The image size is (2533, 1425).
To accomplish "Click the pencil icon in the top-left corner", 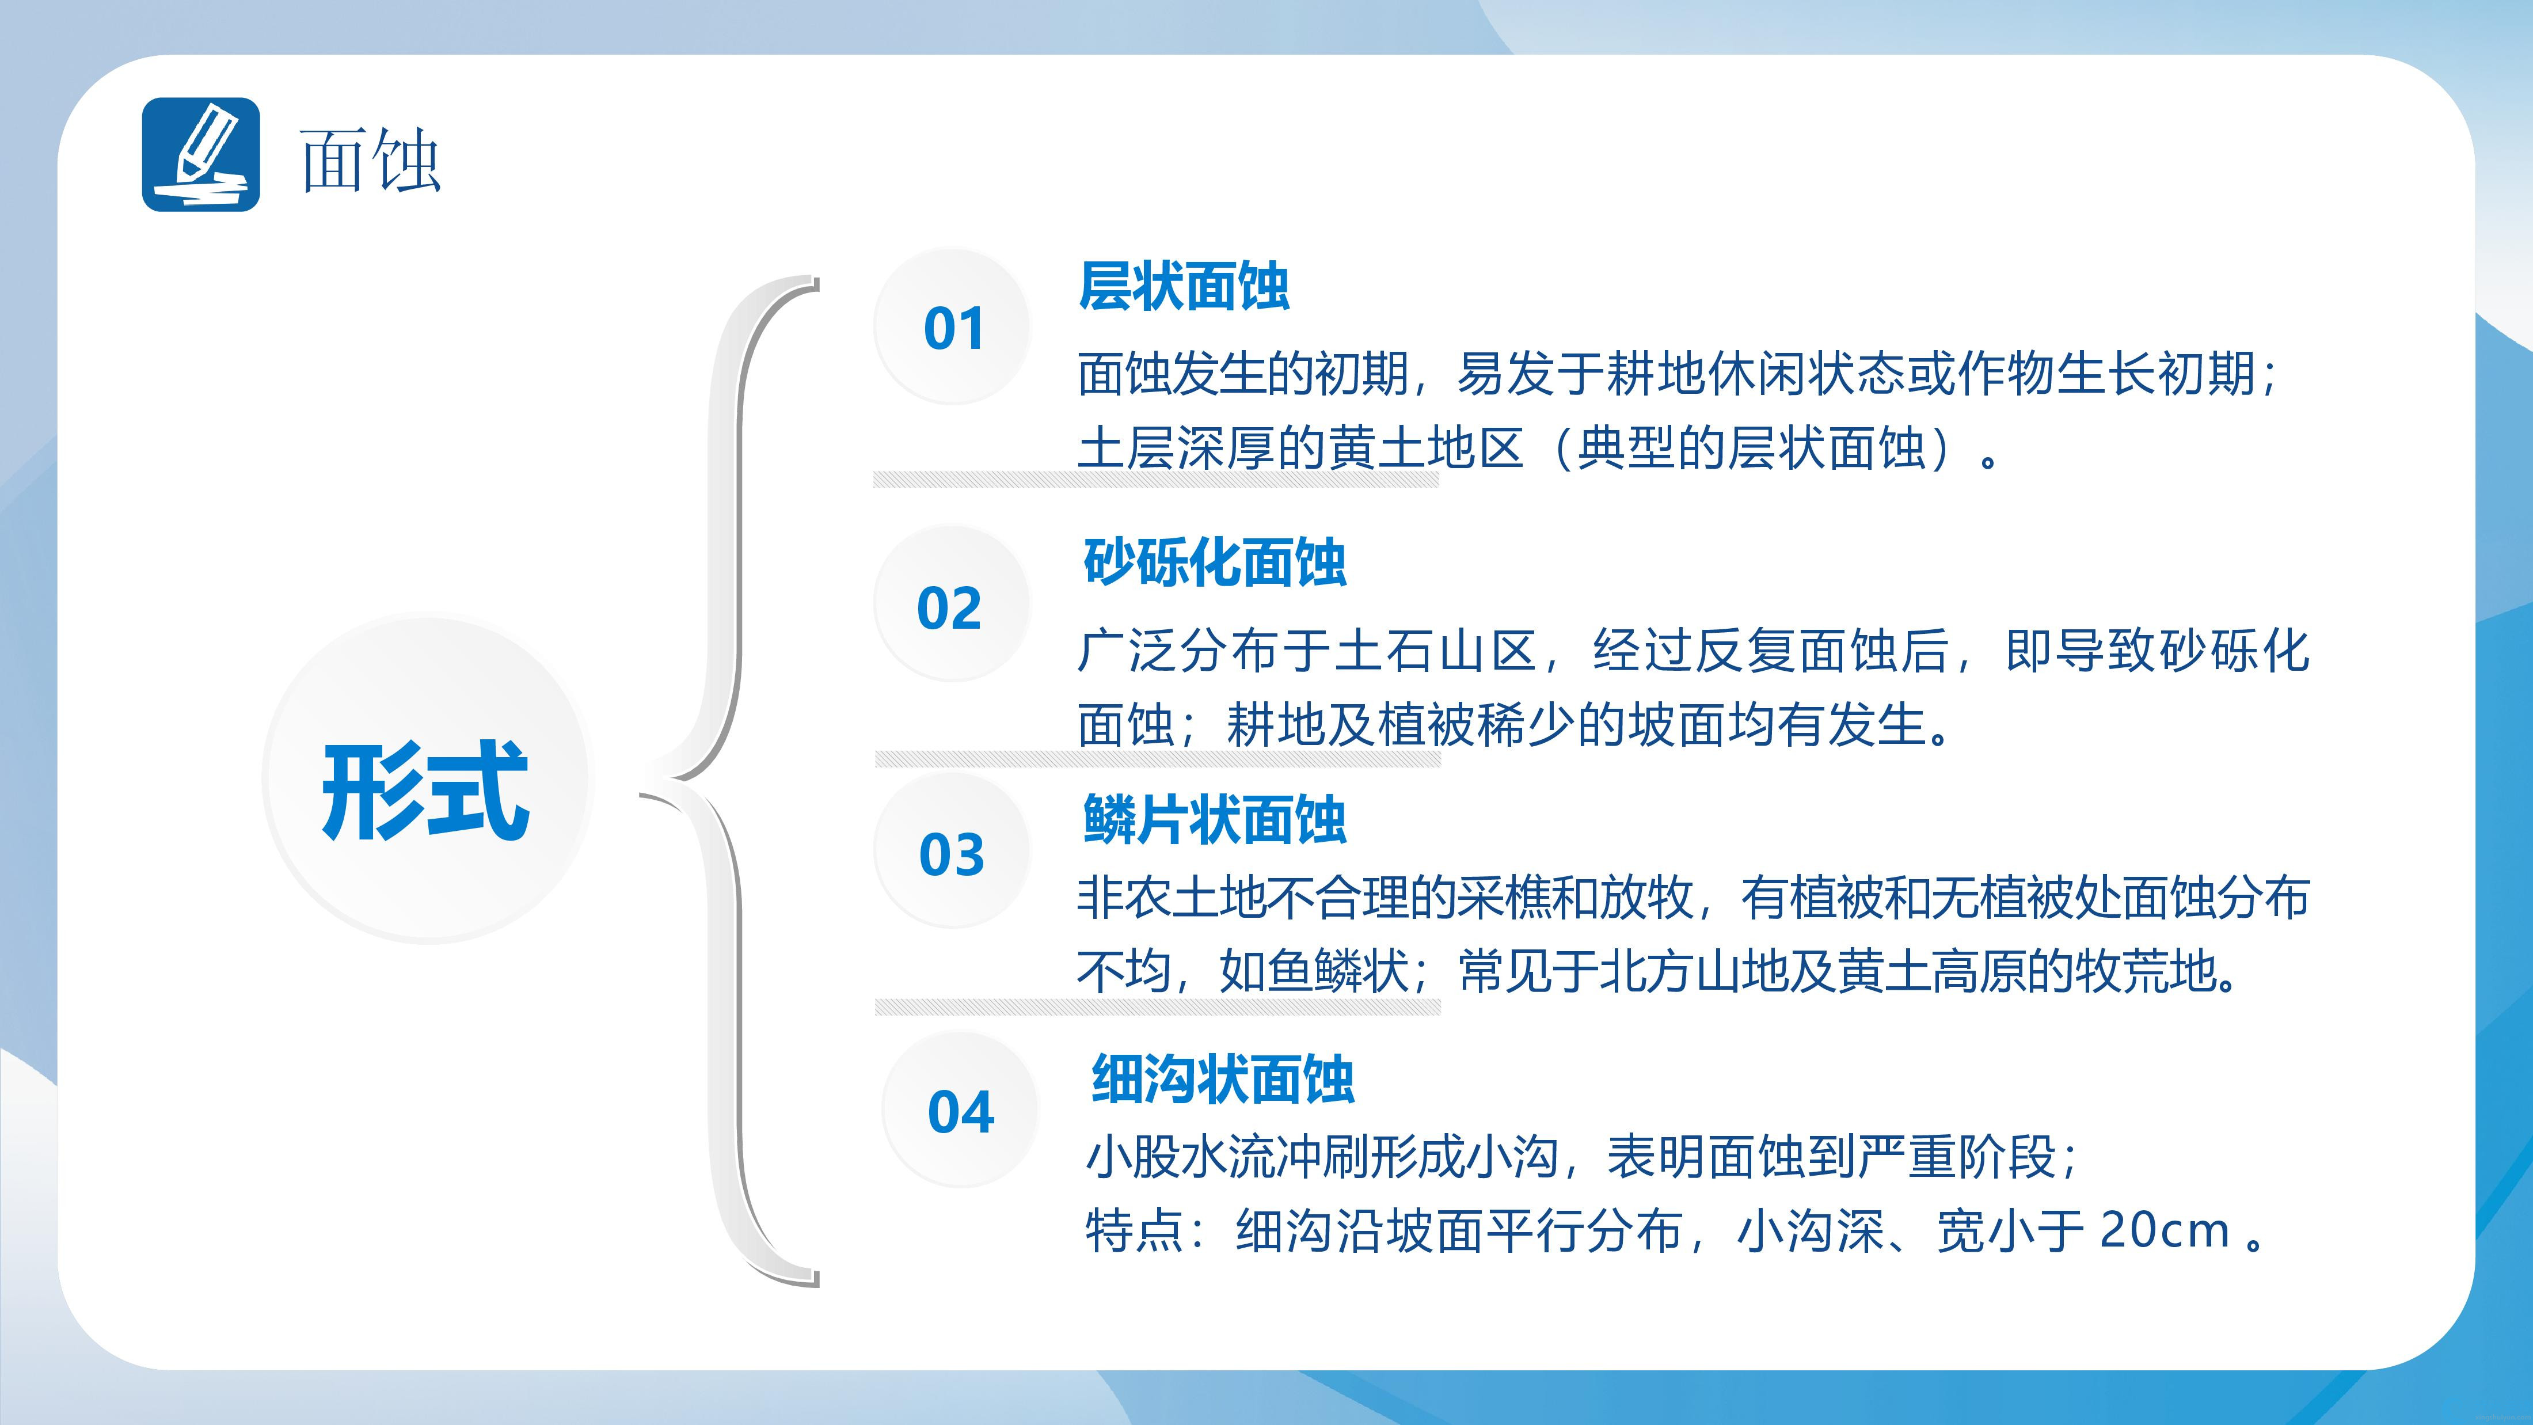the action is (x=200, y=154).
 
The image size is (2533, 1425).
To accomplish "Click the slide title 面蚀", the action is (x=370, y=160).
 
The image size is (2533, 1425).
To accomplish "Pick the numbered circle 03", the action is (x=952, y=852).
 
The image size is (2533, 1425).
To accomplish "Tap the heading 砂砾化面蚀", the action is (x=1214, y=563).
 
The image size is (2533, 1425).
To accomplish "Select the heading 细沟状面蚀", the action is (x=1223, y=1079).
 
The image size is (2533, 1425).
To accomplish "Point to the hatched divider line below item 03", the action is (x=1157, y=1006).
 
